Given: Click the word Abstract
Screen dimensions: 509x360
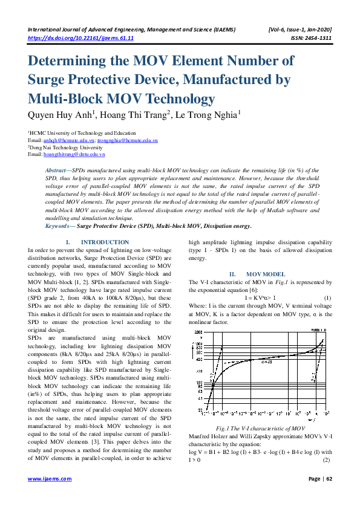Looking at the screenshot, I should tap(57, 171).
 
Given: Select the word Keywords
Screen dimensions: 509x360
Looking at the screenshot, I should tap(59, 226).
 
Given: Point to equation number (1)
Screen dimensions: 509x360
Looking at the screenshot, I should tap(327, 297).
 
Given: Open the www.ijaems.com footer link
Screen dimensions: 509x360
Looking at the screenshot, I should tap(50, 495).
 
